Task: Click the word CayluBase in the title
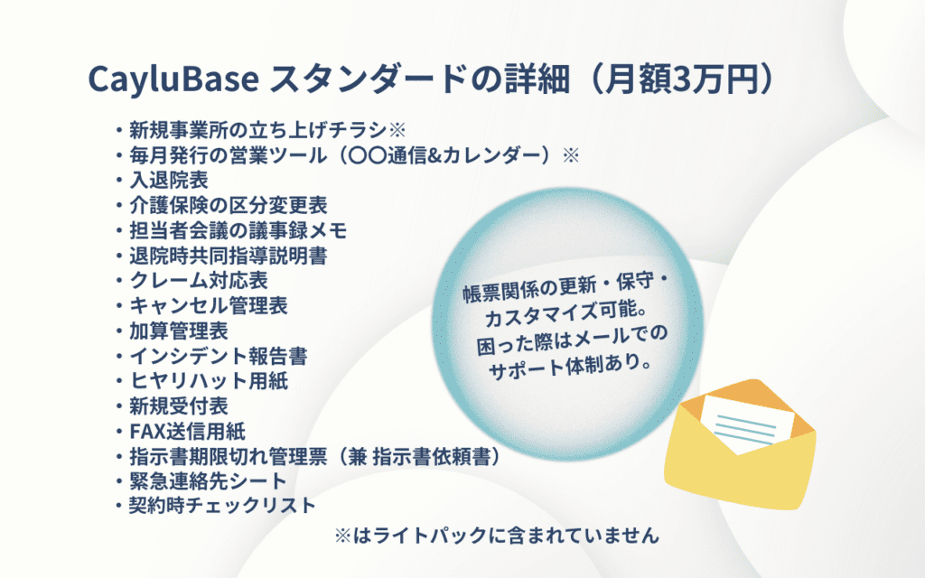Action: tap(173, 79)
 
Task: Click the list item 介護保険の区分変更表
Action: tap(229, 205)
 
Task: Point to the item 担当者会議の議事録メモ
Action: tap(238, 230)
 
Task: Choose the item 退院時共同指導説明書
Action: tap(229, 256)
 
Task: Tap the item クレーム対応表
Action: tap(199, 281)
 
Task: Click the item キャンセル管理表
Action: tap(209, 306)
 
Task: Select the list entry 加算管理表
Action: tap(179, 331)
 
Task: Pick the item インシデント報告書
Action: tap(219, 356)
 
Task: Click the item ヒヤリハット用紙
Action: tap(209, 381)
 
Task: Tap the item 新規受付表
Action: tap(179, 406)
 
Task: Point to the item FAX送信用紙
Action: tap(188, 432)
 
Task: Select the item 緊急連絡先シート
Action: tap(209, 481)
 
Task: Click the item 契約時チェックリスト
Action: tap(223, 506)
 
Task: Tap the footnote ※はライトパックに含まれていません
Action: tap(497, 536)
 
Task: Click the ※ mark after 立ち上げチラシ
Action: tap(397, 130)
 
